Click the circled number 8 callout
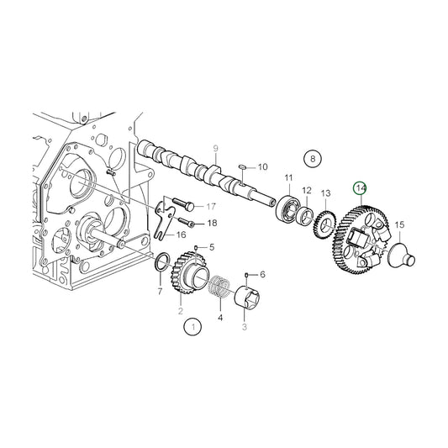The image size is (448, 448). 313,158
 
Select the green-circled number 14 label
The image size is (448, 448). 360,188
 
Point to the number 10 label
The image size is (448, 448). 262,166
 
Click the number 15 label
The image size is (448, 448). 399,224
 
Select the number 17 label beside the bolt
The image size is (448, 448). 211,206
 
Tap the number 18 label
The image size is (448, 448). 211,223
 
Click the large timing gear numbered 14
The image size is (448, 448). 353,245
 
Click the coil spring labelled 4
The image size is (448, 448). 220,287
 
